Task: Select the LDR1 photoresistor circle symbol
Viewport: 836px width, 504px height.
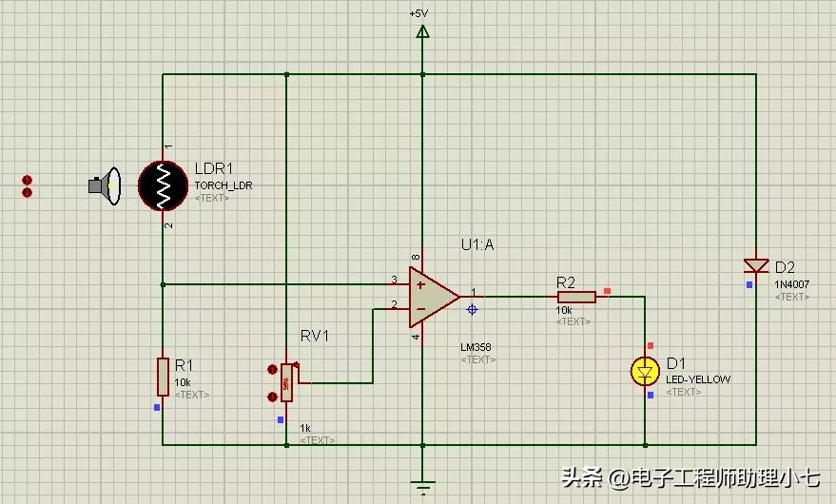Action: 163,185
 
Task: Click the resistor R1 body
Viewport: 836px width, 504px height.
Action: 163,376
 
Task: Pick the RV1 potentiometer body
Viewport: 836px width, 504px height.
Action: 286,383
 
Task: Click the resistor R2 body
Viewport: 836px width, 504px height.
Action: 576,297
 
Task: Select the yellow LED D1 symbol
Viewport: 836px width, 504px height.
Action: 646,371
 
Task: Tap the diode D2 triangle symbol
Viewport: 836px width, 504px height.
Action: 756,265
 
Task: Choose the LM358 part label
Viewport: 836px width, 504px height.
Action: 476,347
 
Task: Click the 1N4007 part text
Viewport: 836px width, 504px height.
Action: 791,284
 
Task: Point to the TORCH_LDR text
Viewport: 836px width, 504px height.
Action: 224,185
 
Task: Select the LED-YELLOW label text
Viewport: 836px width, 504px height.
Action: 698,379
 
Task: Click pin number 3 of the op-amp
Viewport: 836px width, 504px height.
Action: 394,280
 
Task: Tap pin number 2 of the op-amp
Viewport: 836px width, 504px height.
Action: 394,305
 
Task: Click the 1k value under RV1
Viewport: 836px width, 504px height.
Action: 305,428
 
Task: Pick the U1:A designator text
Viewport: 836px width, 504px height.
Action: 477,244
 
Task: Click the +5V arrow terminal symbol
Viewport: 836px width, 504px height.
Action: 422,31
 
